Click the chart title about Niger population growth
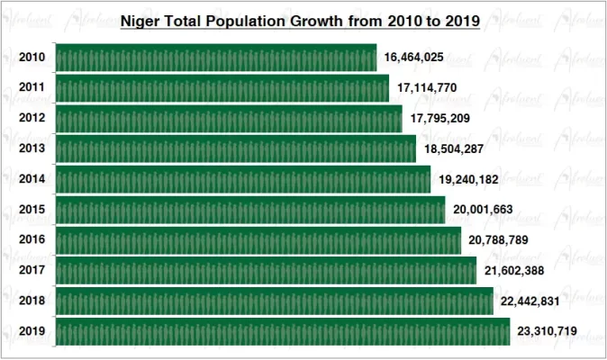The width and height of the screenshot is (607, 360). pos(300,18)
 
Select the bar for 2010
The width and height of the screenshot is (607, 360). pos(216,58)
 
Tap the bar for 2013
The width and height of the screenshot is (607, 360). pos(236,149)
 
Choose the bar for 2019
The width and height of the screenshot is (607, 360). pos(283,332)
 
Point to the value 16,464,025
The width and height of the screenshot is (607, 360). pos(413,58)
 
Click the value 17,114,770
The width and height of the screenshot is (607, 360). pos(426,88)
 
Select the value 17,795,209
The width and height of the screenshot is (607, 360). pos(440,119)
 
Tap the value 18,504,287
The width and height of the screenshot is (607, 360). pos(454,149)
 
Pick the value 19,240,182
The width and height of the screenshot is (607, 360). pos(468,180)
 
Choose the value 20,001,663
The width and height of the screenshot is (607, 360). pos(483,211)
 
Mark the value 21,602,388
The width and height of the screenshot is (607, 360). pos(514,271)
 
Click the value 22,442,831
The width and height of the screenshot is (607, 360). pos(531,301)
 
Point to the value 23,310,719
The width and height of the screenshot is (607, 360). pos(548,332)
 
